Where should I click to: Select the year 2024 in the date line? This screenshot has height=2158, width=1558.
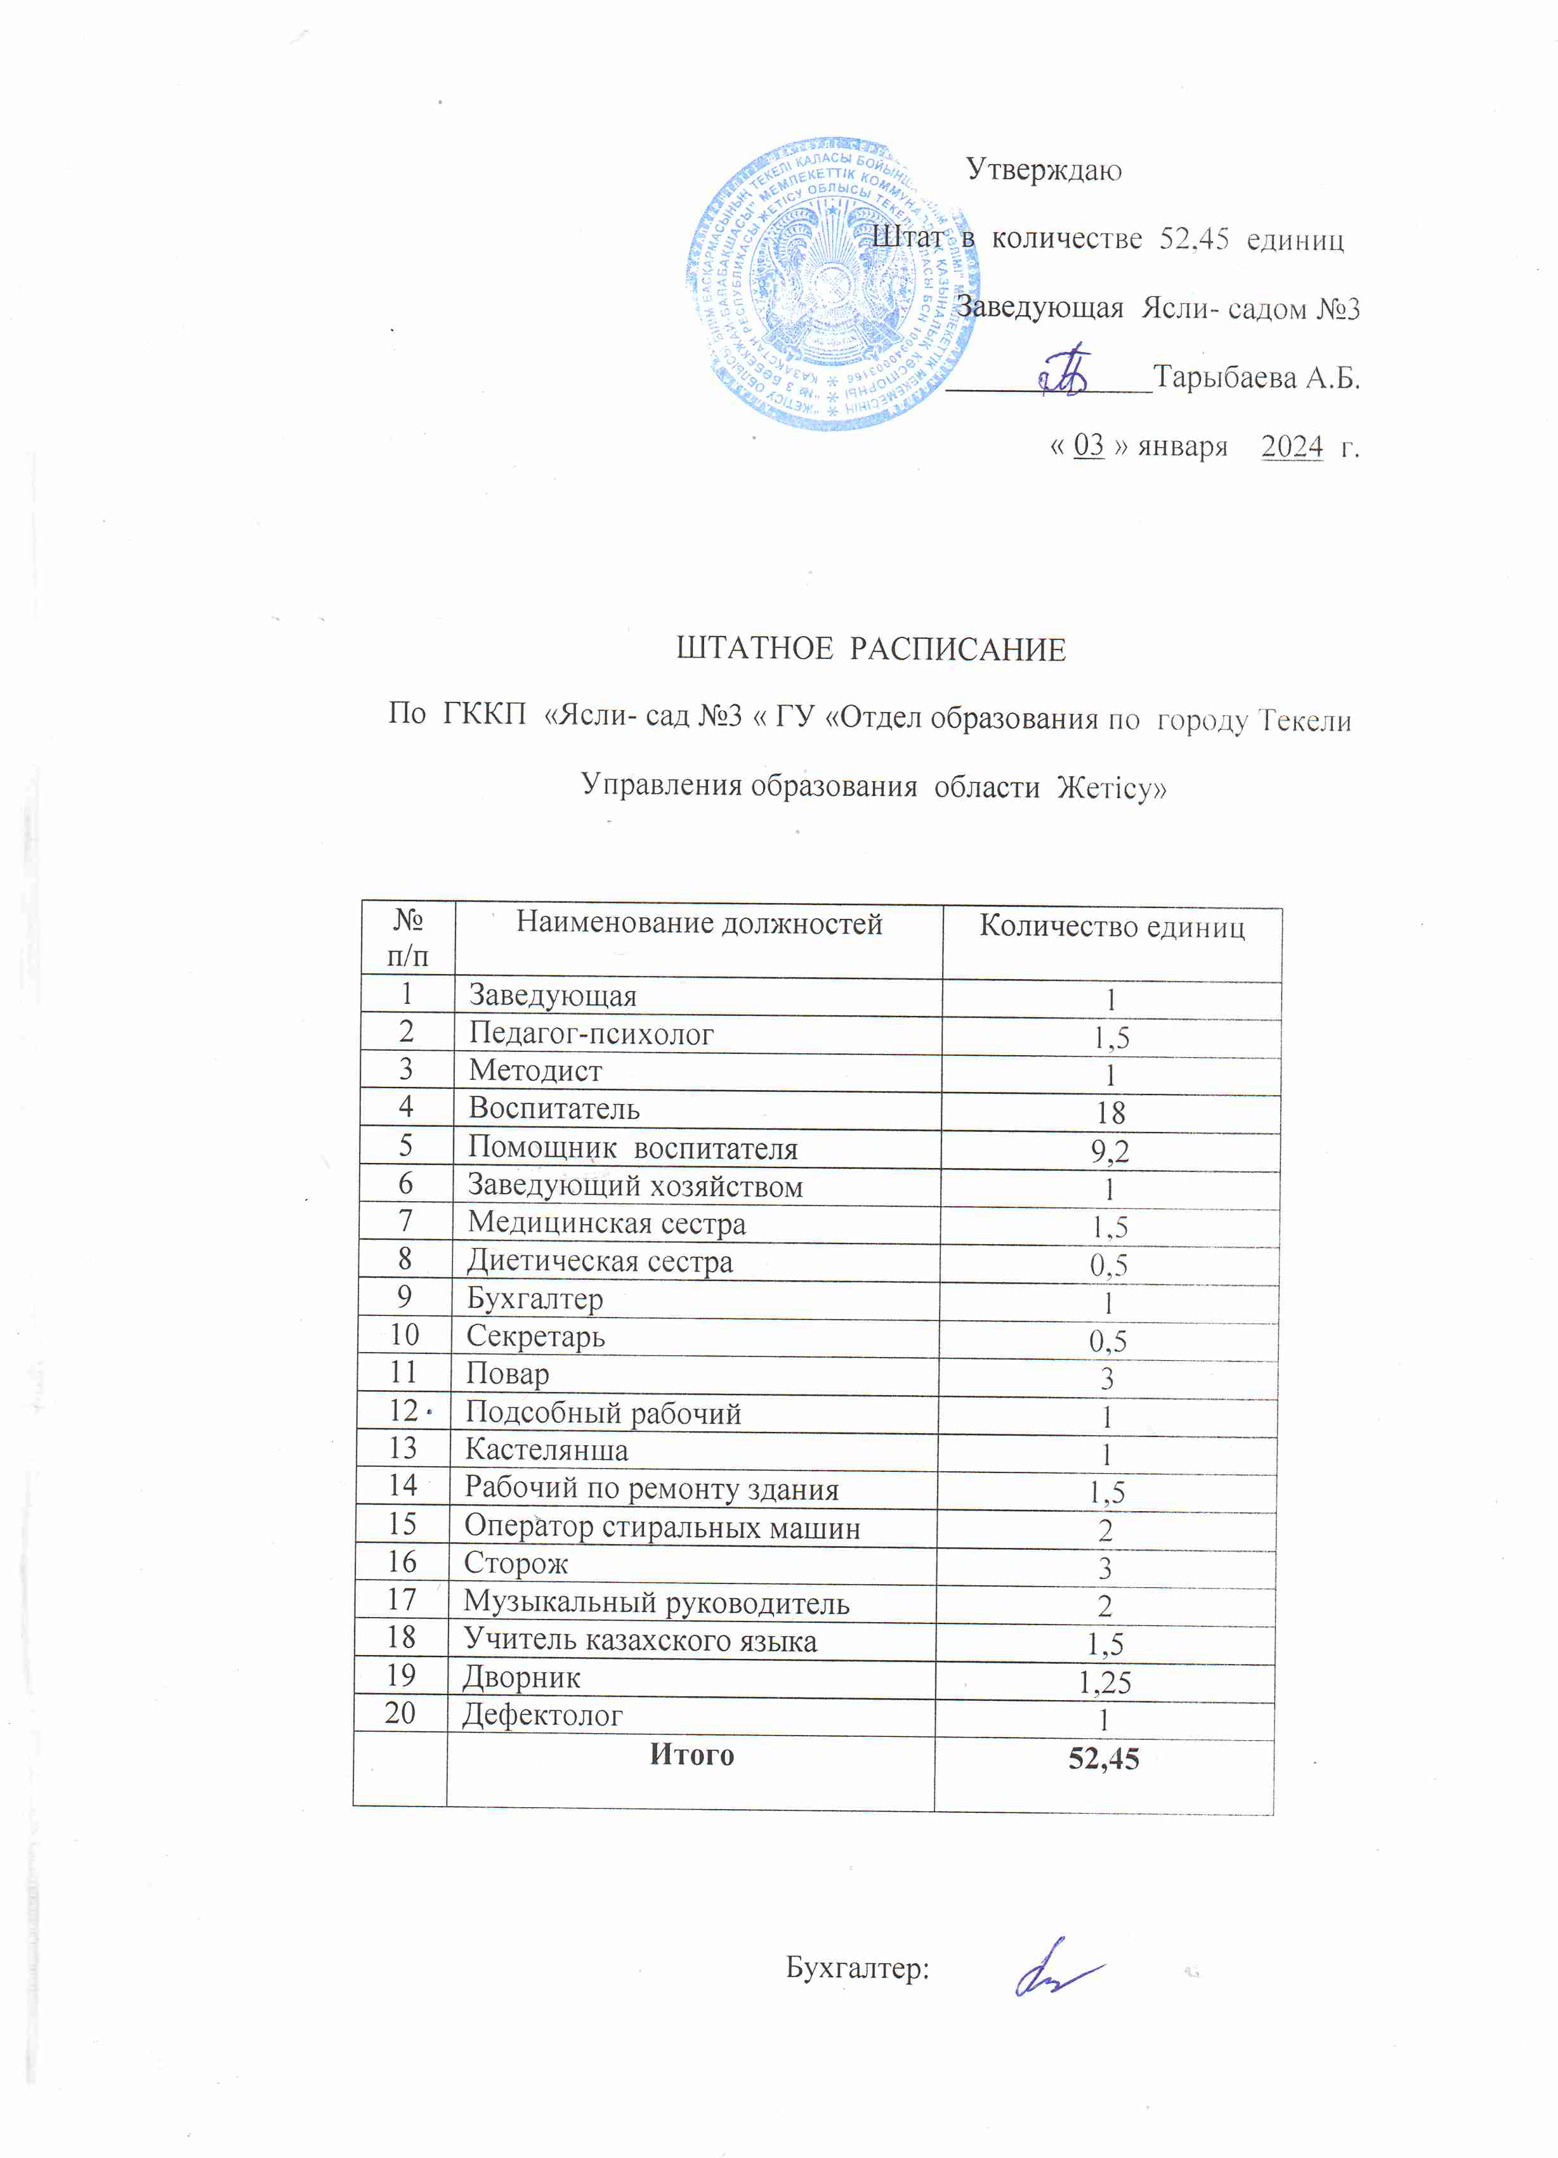(x=1292, y=446)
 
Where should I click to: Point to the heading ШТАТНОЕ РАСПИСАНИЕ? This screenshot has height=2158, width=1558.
(x=871, y=650)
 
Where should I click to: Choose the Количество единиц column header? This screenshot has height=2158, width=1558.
(x=1111, y=926)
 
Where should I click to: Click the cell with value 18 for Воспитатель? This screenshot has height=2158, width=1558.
(x=1110, y=1112)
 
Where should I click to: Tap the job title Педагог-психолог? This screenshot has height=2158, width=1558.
(x=591, y=1034)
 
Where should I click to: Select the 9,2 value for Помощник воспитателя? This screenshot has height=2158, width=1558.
(x=1110, y=1152)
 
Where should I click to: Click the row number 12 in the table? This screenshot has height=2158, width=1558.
(x=403, y=1410)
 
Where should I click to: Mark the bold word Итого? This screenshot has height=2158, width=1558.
(x=692, y=1755)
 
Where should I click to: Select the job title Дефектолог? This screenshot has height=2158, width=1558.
(x=542, y=1715)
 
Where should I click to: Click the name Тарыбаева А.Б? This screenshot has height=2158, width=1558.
(x=1256, y=378)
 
